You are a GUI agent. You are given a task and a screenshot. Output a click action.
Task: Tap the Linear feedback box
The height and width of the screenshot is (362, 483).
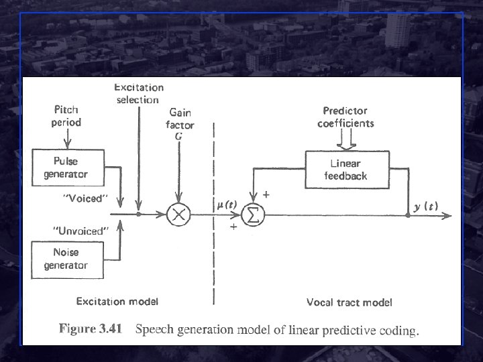coord(345,170)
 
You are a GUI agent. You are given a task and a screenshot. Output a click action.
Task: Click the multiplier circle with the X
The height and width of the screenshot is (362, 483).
coord(179,215)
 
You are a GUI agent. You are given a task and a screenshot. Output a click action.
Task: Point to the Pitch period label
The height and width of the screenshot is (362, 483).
coord(66,117)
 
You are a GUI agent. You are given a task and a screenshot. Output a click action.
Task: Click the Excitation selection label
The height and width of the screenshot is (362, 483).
coord(138,94)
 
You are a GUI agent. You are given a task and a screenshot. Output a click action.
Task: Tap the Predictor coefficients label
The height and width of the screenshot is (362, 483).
coord(345,117)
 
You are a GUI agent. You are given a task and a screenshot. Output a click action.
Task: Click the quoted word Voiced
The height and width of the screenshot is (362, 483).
coord(85,198)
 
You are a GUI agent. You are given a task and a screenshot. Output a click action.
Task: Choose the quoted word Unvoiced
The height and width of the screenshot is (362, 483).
coord(80,231)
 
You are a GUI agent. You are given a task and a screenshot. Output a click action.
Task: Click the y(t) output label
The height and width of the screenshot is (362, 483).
coord(425,206)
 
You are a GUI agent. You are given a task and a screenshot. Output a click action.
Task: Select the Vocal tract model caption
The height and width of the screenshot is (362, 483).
coord(350,302)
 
